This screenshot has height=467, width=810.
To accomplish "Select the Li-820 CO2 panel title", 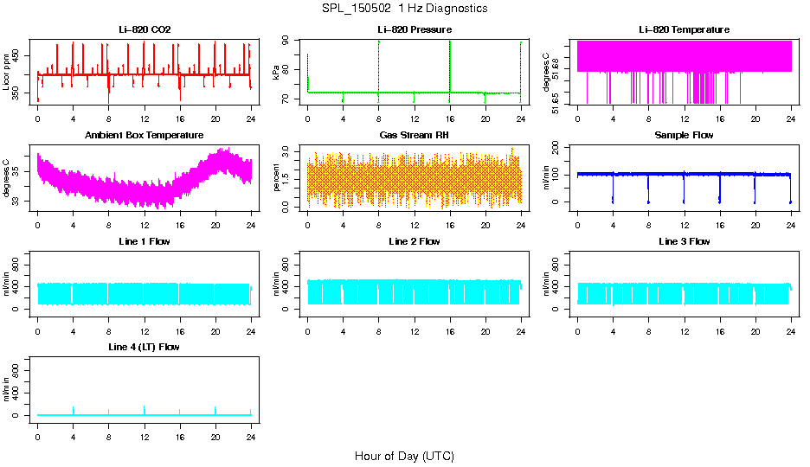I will (x=145, y=29).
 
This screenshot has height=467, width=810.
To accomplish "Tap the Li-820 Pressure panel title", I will (x=414, y=29).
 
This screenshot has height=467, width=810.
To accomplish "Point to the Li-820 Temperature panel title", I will (x=684, y=29).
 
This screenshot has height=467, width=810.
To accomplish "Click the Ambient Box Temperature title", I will (x=145, y=135).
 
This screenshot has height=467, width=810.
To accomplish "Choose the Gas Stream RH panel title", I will (x=414, y=135).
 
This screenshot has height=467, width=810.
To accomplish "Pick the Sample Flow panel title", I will (x=684, y=135).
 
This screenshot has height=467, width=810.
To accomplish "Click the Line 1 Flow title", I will (x=145, y=241).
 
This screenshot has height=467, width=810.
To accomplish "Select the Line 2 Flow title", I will (x=414, y=241).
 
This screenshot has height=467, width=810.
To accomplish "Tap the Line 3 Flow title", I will (x=684, y=241).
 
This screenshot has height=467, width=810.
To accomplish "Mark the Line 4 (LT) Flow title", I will (x=145, y=347).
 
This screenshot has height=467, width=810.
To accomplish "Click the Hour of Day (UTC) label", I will (x=404, y=456).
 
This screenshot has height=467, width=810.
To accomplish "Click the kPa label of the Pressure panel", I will (x=276, y=72).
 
